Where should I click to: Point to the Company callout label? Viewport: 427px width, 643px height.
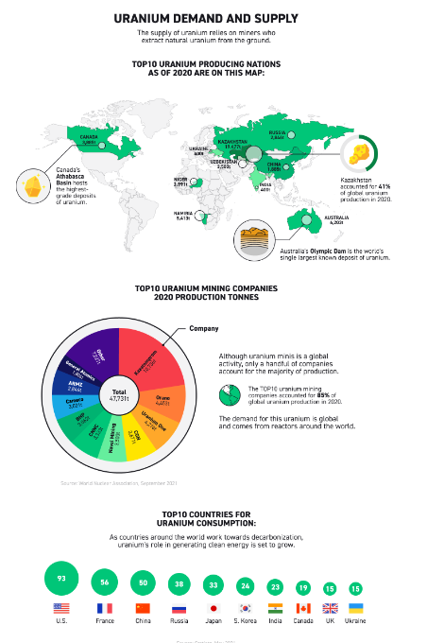(x=203, y=328)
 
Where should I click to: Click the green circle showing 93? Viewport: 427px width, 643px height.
(x=61, y=579)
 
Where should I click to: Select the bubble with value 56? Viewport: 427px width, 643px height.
(x=105, y=582)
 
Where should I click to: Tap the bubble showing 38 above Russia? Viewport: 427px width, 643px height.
(x=179, y=584)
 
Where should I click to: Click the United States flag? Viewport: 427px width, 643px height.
(x=61, y=608)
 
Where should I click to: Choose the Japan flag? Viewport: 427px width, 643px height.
(x=213, y=608)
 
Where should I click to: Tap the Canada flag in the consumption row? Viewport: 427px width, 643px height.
(x=303, y=608)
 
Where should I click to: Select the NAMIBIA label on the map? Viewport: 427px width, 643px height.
(x=182, y=215)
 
